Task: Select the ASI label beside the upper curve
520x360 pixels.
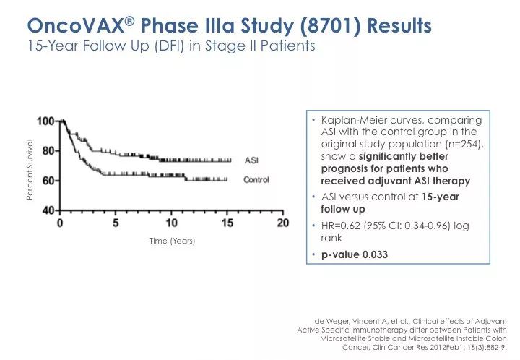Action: coord(252,160)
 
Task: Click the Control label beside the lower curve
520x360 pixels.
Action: coord(256,179)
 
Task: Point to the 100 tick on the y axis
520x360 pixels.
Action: coord(46,121)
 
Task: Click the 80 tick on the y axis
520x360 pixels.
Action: coord(49,150)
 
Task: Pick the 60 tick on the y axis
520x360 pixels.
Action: coord(49,180)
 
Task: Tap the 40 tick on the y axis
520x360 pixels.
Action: coord(49,210)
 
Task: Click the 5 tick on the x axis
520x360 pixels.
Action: coord(116,223)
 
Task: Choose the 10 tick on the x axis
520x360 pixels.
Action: coord(171,223)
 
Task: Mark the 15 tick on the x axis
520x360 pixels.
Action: coord(227,223)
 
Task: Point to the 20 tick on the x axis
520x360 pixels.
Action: coord(282,223)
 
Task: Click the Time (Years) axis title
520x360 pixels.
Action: coord(172,241)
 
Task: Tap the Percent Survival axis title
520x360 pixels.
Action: coord(30,170)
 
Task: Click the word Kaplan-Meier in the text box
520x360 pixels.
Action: coord(352,119)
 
